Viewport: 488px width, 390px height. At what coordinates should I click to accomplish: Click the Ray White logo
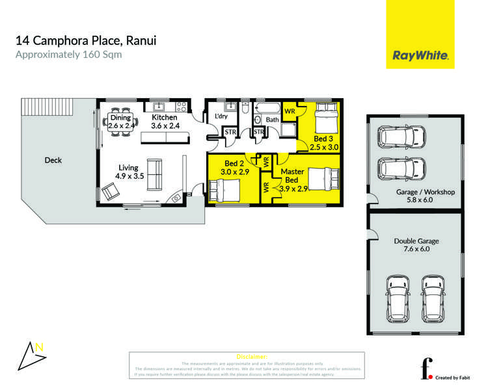coord(420,56)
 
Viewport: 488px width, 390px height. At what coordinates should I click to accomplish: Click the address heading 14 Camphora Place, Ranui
coord(86,41)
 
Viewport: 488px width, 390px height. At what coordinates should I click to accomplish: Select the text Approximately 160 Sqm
coord(68,55)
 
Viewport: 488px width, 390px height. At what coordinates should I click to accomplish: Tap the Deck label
coord(53,160)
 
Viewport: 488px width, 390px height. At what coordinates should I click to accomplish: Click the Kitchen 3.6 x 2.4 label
coord(164,122)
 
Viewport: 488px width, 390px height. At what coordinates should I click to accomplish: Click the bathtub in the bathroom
coord(267,108)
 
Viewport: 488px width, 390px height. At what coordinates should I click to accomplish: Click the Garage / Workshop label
coord(425,197)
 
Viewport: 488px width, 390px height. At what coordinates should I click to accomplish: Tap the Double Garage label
coord(416,244)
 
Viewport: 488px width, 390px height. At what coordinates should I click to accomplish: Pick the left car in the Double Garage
coord(398,295)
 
